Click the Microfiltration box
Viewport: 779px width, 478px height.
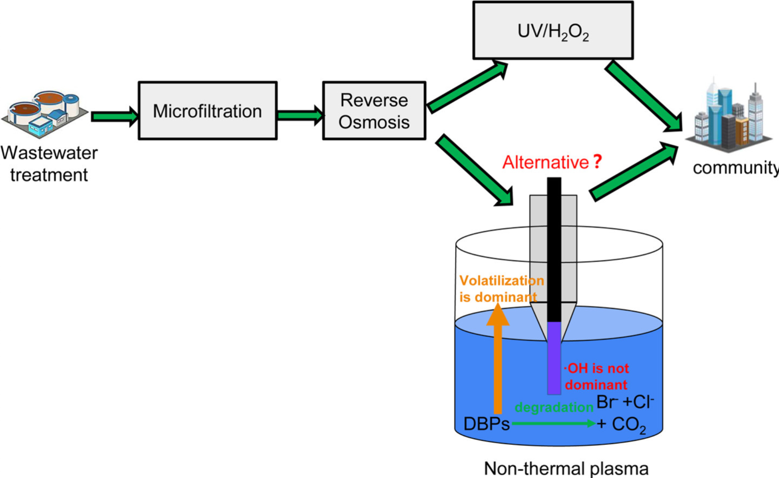tap(207, 111)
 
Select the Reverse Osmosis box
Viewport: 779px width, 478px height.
tap(374, 111)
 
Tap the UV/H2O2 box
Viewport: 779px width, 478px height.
tap(553, 31)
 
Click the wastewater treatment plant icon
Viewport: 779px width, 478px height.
tap(45, 114)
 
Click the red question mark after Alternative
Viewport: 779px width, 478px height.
tap(597, 161)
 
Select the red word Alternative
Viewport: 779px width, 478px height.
tap(545, 162)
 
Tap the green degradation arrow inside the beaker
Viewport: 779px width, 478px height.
tap(553, 423)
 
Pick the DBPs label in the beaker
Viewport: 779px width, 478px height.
tap(486, 424)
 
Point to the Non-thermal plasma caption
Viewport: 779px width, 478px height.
tap(566, 468)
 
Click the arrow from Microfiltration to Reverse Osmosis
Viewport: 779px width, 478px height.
tap(300, 116)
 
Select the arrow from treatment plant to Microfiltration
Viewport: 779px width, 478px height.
tap(114, 116)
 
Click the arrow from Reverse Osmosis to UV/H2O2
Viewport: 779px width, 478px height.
tap(467, 87)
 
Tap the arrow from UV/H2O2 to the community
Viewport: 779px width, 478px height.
tap(643, 96)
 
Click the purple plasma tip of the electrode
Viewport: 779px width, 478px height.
tap(554, 358)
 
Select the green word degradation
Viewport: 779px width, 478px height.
tap(554, 407)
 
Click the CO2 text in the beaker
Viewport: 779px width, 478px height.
tap(628, 425)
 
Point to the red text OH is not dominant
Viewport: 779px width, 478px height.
tap(596, 376)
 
